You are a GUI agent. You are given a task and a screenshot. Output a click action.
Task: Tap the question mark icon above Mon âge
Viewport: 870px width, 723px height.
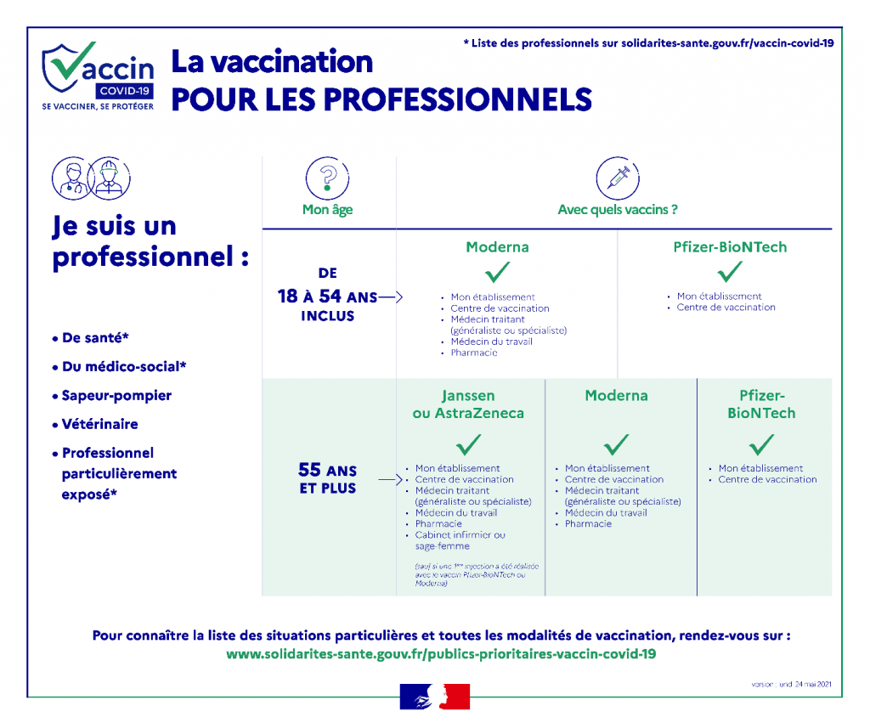(327, 178)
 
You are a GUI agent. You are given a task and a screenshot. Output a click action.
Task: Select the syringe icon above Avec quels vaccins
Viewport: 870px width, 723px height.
(618, 178)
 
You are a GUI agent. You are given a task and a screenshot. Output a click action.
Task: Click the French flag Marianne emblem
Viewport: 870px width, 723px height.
(434, 696)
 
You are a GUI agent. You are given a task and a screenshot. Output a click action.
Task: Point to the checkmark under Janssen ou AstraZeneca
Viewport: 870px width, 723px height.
(468, 444)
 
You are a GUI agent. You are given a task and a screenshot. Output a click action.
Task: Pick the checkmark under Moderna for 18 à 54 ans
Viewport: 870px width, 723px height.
(497, 272)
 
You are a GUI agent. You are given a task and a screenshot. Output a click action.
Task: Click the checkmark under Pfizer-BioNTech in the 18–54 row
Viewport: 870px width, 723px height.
(729, 272)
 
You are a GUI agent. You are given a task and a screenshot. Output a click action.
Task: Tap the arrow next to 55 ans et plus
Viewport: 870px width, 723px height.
(390, 480)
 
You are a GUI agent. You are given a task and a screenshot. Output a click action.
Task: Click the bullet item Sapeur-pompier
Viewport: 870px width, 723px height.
(116, 396)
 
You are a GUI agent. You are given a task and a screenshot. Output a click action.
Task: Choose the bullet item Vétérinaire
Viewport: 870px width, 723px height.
(99, 424)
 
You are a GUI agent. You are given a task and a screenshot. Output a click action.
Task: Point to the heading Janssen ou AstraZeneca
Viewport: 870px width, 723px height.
(468, 404)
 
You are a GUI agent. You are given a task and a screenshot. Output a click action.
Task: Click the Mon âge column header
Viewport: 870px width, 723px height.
(327, 210)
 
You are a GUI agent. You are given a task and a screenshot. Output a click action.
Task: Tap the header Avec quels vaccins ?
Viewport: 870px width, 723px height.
(618, 210)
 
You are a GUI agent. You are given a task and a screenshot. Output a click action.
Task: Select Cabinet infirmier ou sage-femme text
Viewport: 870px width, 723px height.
(460, 540)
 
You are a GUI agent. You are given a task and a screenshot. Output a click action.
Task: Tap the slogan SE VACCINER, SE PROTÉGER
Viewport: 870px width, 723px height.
(98, 106)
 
